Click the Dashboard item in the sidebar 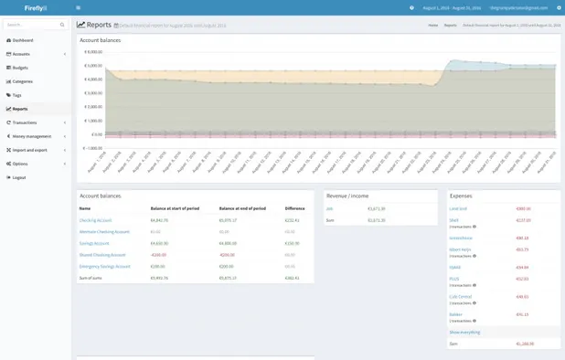23,40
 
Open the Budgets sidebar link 20,68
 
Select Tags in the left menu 16,95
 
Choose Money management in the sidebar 31,136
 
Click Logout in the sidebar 19,177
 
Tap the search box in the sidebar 31,25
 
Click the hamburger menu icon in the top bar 79,7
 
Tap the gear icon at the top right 559,7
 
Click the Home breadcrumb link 433,25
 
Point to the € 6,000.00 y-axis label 93,52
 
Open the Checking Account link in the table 95,220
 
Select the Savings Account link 94,243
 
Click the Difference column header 294,208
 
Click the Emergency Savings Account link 104,266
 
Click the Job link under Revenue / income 330,208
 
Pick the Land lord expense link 458,208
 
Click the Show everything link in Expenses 464,332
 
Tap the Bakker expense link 455,314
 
